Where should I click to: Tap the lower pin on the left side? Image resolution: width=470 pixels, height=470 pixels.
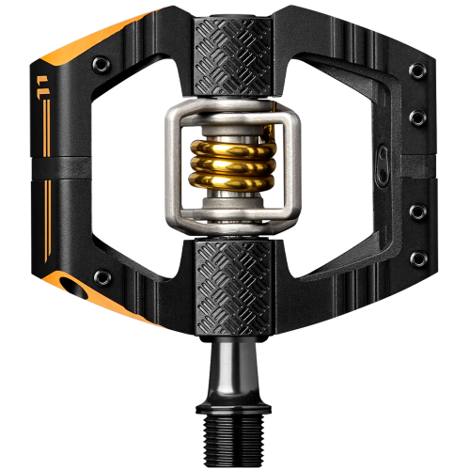[x=101, y=276]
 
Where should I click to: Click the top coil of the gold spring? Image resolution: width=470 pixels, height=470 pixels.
[x=235, y=148]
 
